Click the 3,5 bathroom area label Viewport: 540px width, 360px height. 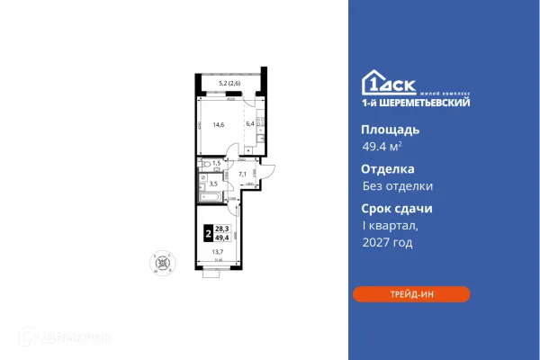pos(214,182)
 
